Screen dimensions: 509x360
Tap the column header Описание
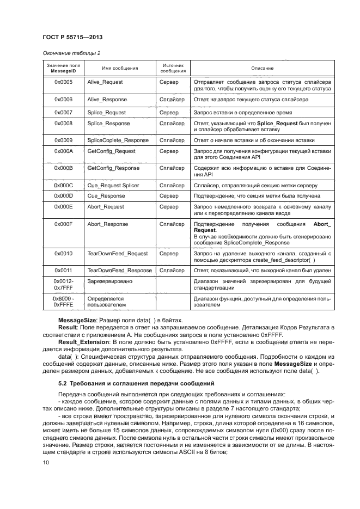[262, 68]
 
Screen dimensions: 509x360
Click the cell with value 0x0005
[64, 82]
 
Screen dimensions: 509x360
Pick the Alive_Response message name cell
[107, 100]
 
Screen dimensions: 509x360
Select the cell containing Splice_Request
[106, 113]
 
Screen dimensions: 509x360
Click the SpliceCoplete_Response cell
[118, 140]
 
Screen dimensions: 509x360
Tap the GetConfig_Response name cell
[113, 168]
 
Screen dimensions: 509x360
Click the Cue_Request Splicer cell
[113, 186]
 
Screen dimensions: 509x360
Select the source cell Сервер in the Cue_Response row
[169, 195]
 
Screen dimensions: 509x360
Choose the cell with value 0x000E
[64, 207]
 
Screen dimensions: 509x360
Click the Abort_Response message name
[108, 224]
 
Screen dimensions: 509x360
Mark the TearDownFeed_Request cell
[118, 253]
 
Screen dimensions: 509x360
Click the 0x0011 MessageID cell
[64, 271]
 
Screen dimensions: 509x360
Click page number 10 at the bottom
[46, 463]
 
